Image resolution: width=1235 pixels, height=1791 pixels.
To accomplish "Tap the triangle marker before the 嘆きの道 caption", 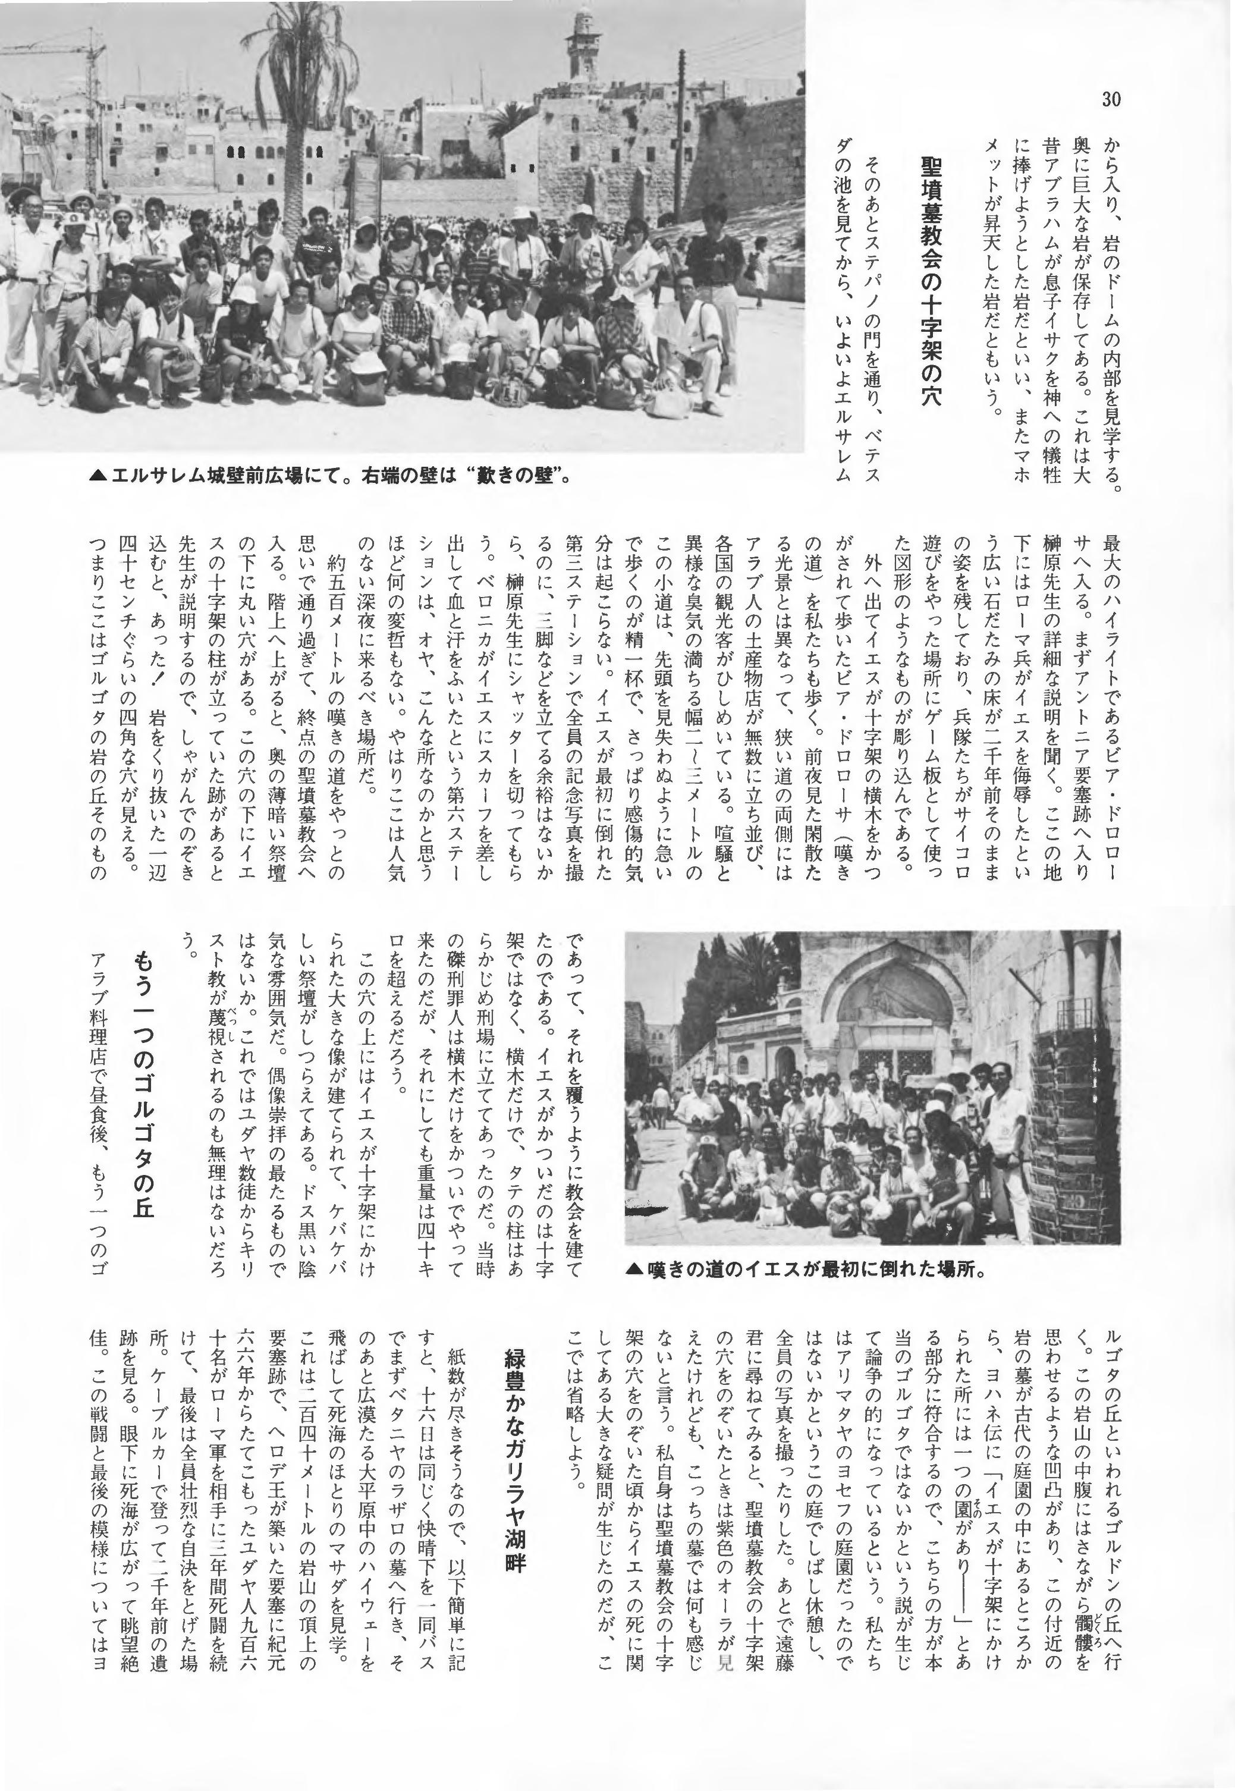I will (634, 1270).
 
